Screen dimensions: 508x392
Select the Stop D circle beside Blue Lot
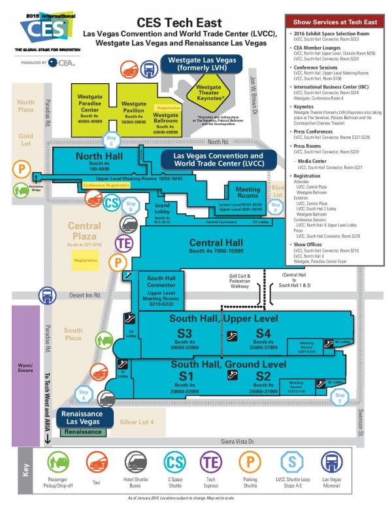[276, 206]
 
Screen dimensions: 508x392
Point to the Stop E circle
[339, 397]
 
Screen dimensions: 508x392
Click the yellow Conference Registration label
[106, 185]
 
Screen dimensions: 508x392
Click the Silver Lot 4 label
[137, 422]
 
